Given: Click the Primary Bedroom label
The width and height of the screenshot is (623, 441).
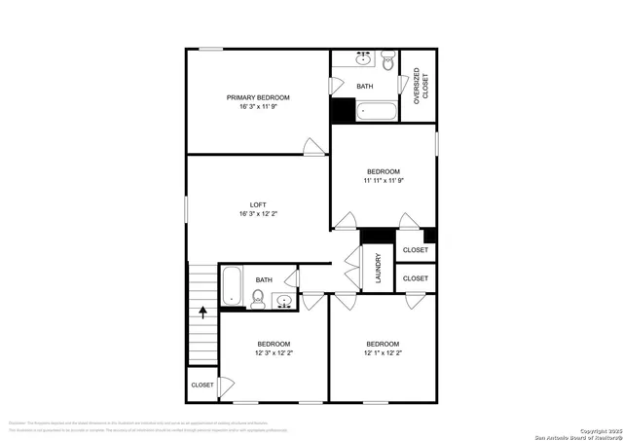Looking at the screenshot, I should point(258,97).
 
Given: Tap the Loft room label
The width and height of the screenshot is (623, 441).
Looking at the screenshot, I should point(258,204).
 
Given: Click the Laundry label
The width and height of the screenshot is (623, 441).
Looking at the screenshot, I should point(378,271).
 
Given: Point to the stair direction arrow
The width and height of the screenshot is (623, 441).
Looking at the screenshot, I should point(202,312).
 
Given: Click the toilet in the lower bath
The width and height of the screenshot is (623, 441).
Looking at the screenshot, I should point(259,301).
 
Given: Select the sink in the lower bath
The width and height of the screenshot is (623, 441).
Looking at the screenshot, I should point(283,301).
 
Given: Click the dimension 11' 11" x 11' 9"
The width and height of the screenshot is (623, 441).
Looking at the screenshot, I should point(384,180).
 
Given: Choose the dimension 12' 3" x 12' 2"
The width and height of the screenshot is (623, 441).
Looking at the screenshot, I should point(274,353).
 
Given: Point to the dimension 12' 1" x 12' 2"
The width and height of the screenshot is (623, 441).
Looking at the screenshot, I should point(383,353).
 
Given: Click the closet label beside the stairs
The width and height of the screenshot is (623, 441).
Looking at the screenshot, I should point(202,385).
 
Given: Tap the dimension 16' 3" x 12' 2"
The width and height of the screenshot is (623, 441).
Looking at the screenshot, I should point(258,214).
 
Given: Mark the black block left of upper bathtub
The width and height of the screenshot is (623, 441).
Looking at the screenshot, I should point(343,110).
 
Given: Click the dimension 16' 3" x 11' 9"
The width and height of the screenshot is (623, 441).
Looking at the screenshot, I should point(258,107).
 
